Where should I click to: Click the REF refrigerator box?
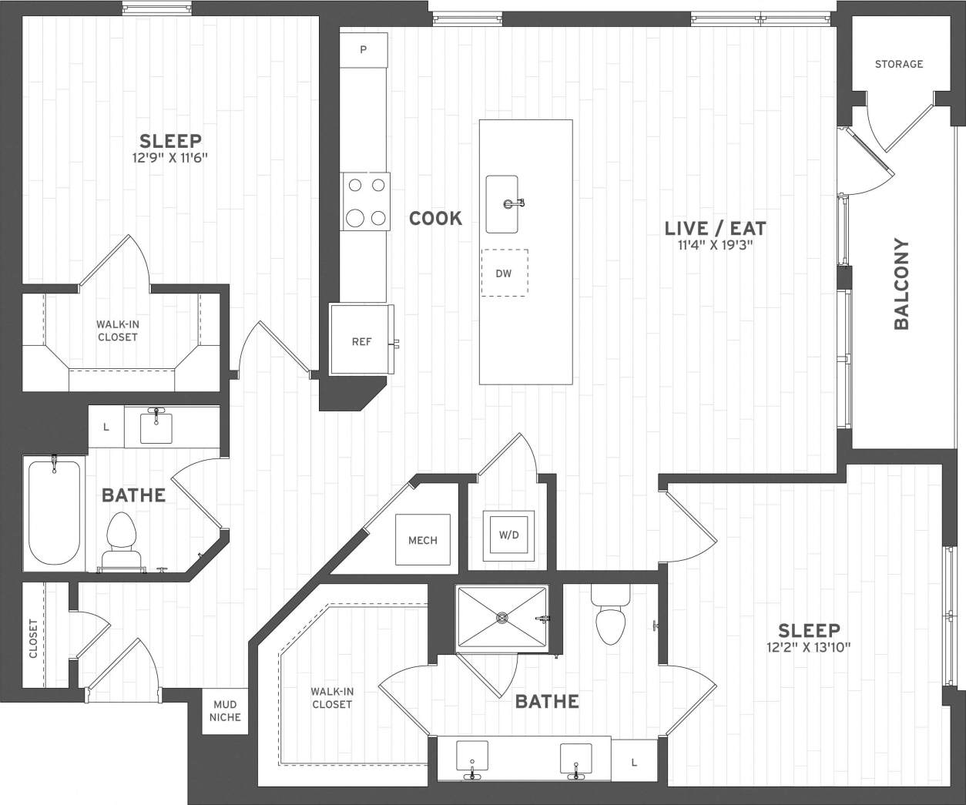pos(361,340)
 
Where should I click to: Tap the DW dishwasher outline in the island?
pos(505,273)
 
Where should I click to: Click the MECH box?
pos(422,540)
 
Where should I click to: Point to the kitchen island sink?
pos(502,204)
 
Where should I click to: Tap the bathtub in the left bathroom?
pos(54,512)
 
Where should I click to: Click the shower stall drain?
pos(502,616)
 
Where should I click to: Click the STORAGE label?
pos(898,64)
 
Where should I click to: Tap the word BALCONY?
pos(901,283)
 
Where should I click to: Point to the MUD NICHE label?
pos(225,710)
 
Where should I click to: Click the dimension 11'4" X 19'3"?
pos(715,246)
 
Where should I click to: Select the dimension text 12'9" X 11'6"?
pos(170,158)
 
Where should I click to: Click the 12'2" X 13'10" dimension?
pos(809,647)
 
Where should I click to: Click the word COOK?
pos(435,219)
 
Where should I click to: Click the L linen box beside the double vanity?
pos(634,762)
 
